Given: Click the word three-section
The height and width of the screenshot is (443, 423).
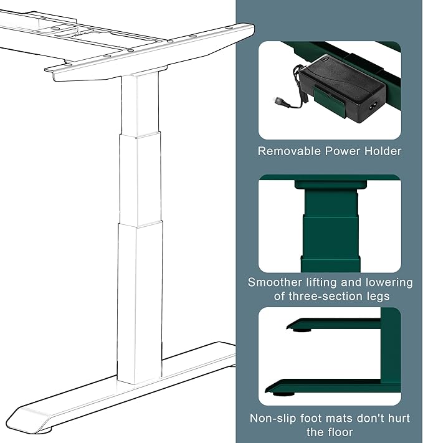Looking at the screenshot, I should (x=324, y=297).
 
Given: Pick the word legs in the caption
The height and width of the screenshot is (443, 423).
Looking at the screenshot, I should (x=376, y=297).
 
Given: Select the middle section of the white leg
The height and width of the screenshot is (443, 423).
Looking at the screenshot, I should (x=140, y=178).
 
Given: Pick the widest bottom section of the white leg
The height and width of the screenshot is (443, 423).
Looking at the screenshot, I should (x=140, y=299).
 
